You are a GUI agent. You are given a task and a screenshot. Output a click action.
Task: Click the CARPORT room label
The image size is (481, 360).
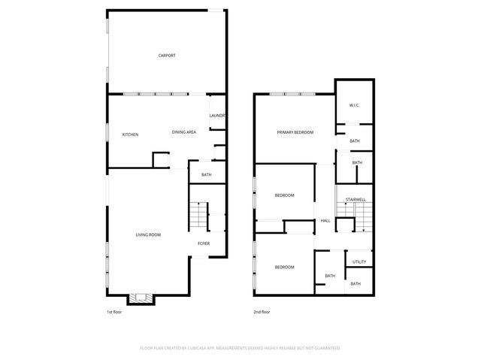167,56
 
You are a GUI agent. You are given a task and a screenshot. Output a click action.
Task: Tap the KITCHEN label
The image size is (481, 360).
130,135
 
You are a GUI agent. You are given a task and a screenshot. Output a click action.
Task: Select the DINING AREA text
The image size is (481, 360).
184,132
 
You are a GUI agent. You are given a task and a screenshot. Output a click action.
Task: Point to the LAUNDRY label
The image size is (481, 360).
218,115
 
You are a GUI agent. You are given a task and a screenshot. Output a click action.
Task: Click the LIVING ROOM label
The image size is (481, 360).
148,235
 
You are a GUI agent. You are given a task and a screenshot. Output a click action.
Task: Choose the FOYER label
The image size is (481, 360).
204,244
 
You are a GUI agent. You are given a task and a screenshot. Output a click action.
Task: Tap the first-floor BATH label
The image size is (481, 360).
206,175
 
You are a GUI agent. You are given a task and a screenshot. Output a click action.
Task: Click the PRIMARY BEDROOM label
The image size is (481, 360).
295,132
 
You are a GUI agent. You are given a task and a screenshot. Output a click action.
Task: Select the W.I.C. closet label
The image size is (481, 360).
355,105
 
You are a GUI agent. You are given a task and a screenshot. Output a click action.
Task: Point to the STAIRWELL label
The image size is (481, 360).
355,199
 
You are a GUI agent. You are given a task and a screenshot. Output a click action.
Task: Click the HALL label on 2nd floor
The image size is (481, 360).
325,221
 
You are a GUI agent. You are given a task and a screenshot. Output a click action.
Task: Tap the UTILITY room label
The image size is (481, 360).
359,262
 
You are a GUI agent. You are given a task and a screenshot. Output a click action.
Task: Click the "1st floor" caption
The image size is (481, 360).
114,311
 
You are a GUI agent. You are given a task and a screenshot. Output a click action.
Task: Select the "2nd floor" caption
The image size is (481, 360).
262,311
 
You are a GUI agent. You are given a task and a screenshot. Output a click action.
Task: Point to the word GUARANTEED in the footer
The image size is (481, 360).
325,348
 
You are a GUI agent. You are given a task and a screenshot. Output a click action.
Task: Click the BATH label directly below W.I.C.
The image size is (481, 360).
355,141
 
